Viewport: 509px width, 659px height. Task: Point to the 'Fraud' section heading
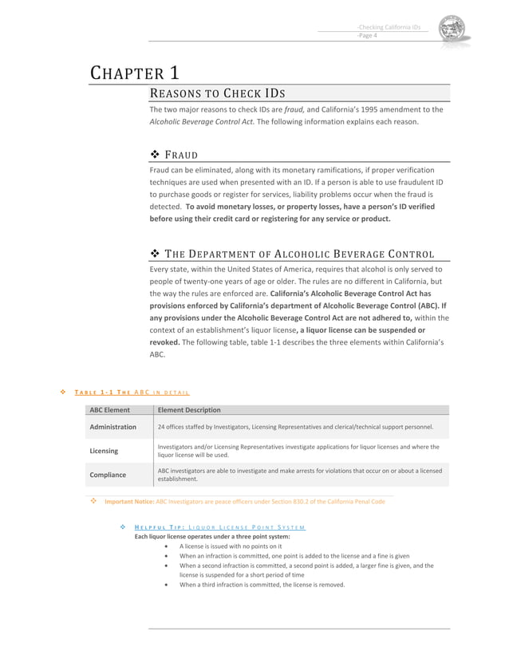[181, 154]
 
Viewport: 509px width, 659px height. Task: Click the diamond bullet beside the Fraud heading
[156, 154]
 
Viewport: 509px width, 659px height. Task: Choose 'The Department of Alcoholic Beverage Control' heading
[299, 254]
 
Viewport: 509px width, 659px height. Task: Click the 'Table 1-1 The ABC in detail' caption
[132, 392]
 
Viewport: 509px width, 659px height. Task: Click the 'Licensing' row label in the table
[104, 451]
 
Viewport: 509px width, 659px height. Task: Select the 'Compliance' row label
[108, 475]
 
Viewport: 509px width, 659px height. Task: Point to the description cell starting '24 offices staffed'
[295, 427]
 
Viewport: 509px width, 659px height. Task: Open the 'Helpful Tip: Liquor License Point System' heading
[219, 527]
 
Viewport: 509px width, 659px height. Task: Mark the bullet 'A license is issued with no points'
[230, 546]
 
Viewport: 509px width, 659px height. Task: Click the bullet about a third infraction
[262, 585]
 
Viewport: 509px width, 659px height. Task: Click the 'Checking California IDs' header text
[389, 26]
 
